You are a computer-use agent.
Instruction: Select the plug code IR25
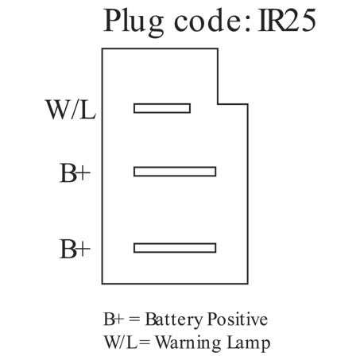tap(287, 21)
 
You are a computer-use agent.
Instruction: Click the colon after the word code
tap(247, 25)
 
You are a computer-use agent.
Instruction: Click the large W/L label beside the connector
tap(71, 110)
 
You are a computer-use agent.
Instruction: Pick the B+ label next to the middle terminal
tap(75, 173)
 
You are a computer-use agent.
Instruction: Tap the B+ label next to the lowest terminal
tap(75, 249)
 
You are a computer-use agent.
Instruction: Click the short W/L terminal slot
tap(162, 108)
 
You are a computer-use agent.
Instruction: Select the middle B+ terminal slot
tap(175, 172)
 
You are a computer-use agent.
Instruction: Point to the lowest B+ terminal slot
tap(175, 248)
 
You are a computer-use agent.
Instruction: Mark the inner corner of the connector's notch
tap(218, 104)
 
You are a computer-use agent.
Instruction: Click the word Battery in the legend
tap(174, 320)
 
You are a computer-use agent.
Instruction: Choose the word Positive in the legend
tap(238, 319)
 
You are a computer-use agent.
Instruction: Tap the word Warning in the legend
tap(188, 343)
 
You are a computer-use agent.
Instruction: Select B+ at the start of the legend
tap(114, 319)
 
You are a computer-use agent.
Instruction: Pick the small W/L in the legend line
tap(121, 343)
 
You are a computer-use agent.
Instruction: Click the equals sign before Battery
tap(134, 320)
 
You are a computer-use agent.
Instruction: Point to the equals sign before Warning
tap(145, 343)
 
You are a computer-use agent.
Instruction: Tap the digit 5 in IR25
tap(308, 21)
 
